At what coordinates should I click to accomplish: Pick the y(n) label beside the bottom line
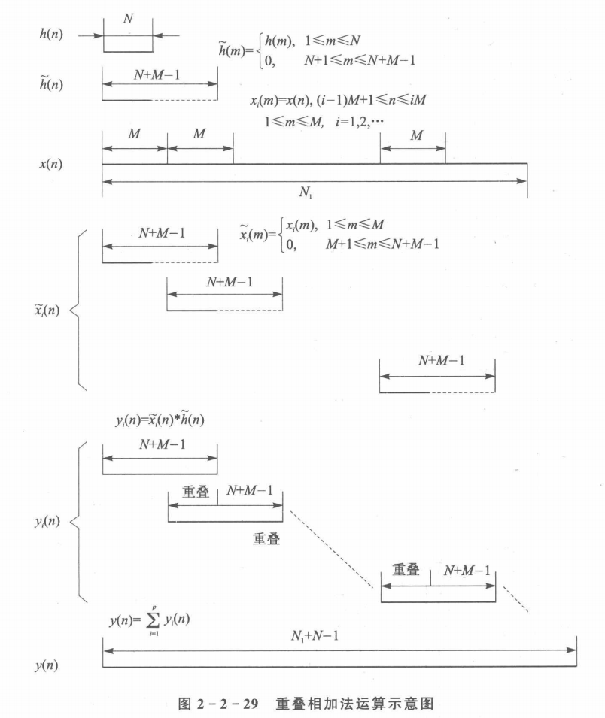pos(48,666)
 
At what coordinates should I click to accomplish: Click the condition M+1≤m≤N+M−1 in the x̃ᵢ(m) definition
pos(382,243)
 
